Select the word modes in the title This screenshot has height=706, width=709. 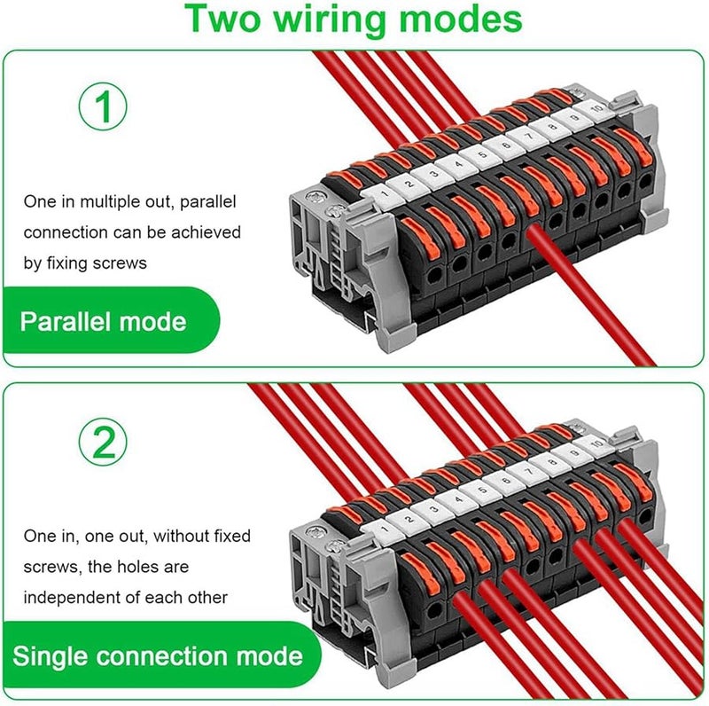point(460,18)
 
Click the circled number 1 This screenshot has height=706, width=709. point(103,106)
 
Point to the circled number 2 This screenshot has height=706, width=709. point(103,443)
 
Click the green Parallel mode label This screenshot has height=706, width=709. point(103,321)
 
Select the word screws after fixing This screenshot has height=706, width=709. point(120,263)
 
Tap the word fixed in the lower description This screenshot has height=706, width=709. point(231,536)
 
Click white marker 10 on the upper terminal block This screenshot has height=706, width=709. point(596,109)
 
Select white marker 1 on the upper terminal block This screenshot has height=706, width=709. point(385,193)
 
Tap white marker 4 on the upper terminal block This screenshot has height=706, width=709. point(459,164)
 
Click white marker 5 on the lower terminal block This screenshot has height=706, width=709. point(483,490)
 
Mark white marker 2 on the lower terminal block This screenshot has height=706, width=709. point(409,519)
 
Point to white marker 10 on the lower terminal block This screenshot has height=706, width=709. point(596,444)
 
